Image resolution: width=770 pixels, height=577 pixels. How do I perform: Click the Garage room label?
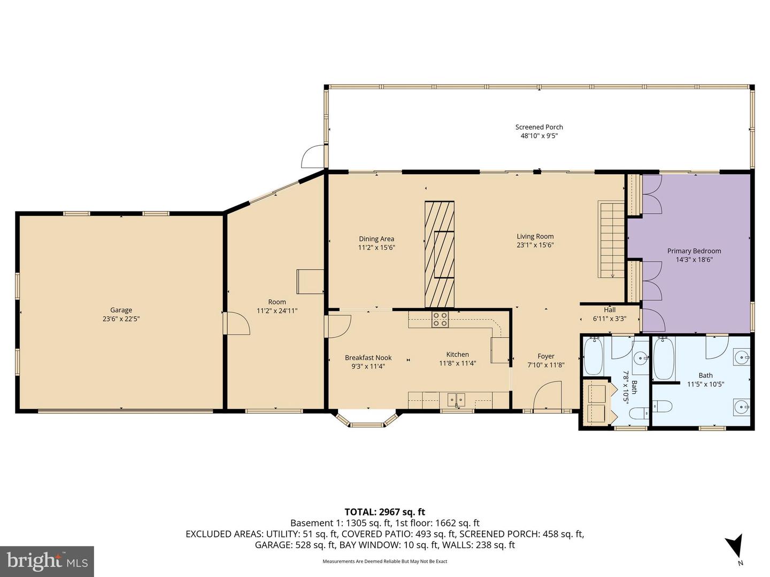tap(121, 310)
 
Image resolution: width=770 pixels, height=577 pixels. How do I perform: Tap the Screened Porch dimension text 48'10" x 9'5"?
tap(539, 136)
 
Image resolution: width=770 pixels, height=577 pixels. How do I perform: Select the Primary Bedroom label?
tap(694, 251)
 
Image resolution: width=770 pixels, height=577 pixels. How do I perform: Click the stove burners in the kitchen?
tap(440, 319)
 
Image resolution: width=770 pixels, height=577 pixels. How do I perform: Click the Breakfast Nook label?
tap(368, 358)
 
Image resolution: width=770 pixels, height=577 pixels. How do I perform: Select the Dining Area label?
tap(376, 239)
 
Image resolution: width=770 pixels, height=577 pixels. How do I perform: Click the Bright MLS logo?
tap(47, 562)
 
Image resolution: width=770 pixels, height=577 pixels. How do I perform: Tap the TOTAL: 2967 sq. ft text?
tap(384, 512)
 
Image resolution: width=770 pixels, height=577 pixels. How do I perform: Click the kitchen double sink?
tap(456, 399)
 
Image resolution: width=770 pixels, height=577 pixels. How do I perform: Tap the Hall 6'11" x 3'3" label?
tap(610, 314)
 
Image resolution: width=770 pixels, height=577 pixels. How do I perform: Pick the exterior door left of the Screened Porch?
tap(313, 157)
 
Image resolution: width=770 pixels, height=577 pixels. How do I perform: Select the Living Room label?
tap(535, 236)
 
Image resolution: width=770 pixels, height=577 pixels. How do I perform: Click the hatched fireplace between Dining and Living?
tap(440, 254)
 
